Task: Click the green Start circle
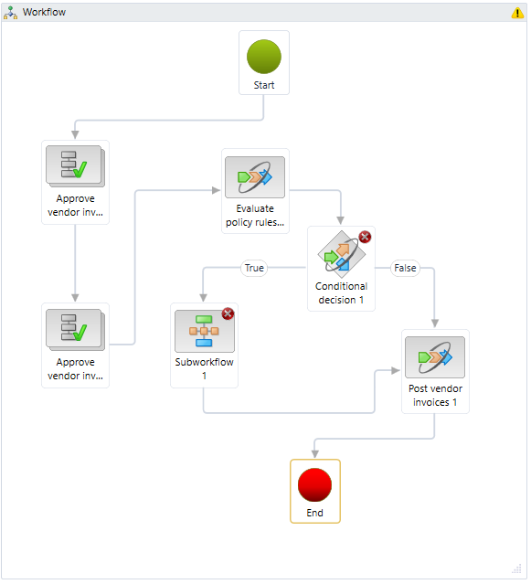coord(263,57)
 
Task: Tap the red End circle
coord(314,485)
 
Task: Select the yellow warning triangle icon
coord(517,13)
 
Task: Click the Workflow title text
coord(44,12)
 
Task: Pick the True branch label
coord(254,268)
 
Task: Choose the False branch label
coord(405,268)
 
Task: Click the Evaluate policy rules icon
coord(255,177)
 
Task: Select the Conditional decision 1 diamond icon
coord(342,254)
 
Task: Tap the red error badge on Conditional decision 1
coord(365,237)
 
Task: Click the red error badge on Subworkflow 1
coord(228,313)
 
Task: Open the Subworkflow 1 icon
coord(204,331)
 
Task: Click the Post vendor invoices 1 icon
coord(435,357)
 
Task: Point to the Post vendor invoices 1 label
coord(435,395)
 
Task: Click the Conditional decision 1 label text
coord(341,293)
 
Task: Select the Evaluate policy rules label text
coord(255,216)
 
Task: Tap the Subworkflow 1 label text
coord(204,368)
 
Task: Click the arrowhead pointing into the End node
coord(315,453)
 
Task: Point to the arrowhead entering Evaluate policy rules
coord(216,190)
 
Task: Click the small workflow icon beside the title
coord(10,13)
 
